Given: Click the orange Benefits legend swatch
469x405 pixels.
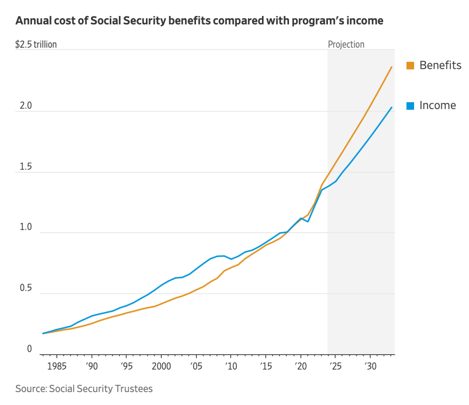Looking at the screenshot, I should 410,66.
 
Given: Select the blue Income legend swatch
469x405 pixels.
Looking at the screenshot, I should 410,106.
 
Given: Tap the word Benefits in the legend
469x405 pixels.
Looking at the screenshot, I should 440,66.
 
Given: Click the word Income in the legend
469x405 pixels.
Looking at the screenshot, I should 438,105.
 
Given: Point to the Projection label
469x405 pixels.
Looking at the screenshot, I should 346,44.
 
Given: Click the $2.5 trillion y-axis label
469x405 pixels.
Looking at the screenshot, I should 36,44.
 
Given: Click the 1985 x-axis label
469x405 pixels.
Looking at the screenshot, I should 56,367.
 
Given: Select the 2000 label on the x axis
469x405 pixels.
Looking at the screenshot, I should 161,367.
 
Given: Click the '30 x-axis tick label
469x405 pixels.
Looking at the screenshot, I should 370,367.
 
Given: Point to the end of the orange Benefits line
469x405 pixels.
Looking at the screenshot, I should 392,67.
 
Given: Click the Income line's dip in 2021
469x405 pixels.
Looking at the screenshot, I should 308,221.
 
